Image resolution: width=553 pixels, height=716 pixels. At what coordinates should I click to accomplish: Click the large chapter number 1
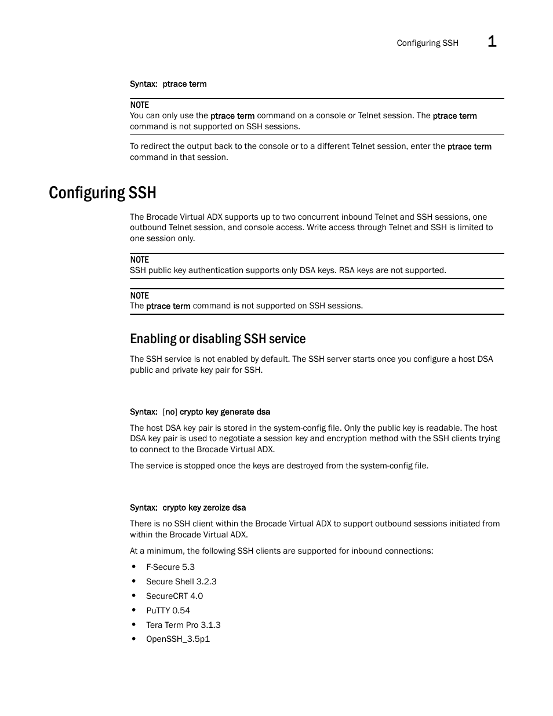click(492, 41)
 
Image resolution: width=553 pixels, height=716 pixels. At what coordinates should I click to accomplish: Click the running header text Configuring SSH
click(427, 43)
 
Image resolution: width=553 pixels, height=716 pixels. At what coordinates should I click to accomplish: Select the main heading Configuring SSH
click(103, 192)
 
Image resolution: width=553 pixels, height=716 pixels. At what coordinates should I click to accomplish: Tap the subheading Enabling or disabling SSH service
click(217, 339)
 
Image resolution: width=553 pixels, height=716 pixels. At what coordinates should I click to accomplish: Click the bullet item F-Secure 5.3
click(170, 567)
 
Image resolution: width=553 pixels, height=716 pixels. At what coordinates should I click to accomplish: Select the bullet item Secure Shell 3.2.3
click(181, 581)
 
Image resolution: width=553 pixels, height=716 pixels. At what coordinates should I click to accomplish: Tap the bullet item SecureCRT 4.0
click(174, 596)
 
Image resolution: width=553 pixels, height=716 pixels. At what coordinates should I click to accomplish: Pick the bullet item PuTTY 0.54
click(168, 610)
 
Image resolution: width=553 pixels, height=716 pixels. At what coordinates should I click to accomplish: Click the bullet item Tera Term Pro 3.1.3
click(183, 625)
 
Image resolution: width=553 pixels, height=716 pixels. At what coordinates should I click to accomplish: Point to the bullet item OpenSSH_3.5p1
click(177, 639)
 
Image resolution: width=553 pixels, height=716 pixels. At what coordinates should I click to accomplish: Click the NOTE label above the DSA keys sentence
click(139, 260)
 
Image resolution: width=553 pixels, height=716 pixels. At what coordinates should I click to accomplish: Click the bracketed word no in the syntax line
click(170, 412)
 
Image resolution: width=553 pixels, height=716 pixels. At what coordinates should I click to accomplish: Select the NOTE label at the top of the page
click(139, 105)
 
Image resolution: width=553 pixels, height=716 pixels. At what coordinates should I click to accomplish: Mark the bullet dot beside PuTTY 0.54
click(133, 610)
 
